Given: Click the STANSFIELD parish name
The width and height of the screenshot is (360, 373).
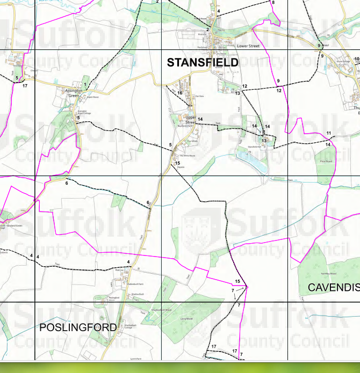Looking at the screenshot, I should pyautogui.click(x=203, y=63).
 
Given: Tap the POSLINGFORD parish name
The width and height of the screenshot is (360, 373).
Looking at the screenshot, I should pyautogui.click(x=78, y=327).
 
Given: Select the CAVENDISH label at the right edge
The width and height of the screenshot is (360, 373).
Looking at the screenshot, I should pyautogui.click(x=334, y=288).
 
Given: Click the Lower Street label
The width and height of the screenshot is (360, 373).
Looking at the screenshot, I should pyautogui.click(x=248, y=47).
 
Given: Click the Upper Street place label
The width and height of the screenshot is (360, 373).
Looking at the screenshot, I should pyautogui.click(x=190, y=119).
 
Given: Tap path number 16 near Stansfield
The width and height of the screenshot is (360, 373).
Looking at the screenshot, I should pyautogui.click(x=180, y=93).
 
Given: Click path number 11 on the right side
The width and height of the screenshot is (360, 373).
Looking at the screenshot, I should pyautogui.click(x=328, y=133).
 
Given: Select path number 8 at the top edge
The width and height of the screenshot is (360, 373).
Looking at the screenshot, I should pyautogui.click(x=273, y=3).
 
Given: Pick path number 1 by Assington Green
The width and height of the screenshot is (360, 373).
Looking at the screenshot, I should pyautogui.click(x=85, y=84).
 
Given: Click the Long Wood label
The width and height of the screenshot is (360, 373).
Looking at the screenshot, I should pyautogui.click(x=186, y=319).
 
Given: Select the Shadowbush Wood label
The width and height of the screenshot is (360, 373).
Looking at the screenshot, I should pyautogui.click(x=161, y=310).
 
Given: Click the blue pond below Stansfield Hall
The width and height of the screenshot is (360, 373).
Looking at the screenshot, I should pyautogui.click(x=251, y=160).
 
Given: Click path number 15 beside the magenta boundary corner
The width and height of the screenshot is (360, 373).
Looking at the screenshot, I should pyautogui.click(x=237, y=282).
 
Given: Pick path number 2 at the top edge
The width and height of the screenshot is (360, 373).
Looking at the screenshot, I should pyautogui.click(x=157, y=2).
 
